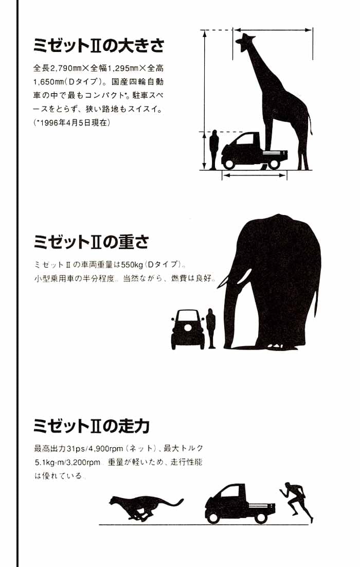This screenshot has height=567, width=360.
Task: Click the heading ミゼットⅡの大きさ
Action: (x=99, y=46)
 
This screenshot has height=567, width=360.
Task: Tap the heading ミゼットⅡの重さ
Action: (x=91, y=241)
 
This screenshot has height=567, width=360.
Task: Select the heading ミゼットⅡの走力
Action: (x=91, y=426)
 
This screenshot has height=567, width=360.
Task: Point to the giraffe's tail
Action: (x=310, y=123)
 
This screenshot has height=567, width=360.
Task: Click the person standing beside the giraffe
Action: (x=213, y=150)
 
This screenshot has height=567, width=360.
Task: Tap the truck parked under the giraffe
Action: (x=255, y=151)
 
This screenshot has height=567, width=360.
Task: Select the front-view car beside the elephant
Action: (x=187, y=329)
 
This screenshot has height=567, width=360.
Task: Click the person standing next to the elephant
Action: (x=211, y=328)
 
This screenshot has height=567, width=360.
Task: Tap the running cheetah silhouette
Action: (x=146, y=508)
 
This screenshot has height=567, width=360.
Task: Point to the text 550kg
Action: (x=132, y=264)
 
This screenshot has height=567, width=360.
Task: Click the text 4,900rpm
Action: (x=106, y=449)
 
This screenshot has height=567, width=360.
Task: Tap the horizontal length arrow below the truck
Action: (x=255, y=175)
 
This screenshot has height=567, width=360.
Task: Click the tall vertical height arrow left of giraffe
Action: (x=205, y=99)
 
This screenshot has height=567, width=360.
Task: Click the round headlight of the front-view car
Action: (x=188, y=328)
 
